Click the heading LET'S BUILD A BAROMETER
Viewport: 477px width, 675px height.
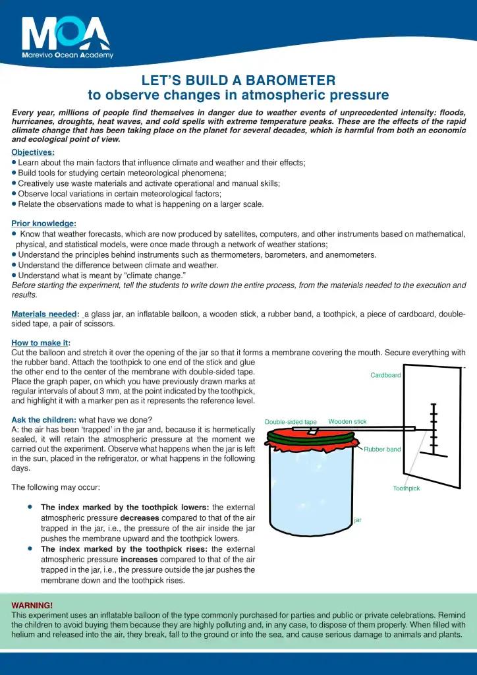[238, 80]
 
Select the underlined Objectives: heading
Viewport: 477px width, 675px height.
[33, 152]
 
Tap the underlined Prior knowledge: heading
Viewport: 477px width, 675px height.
[43, 223]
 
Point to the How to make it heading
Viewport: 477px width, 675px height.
[40, 343]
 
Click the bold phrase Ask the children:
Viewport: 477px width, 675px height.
[43, 420]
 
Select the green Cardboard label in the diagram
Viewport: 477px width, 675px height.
[385, 375]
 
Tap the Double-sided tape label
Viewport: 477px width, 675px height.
[291, 422]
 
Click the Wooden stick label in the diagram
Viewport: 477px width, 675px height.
[347, 421]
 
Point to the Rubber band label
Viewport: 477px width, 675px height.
[382, 450]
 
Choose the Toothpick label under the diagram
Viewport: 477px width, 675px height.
[407, 488]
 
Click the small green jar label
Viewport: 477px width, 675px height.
[358, 520]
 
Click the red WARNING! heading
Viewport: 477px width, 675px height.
[32, 605]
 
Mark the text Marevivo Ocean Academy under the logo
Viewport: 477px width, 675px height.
[67, 55]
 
